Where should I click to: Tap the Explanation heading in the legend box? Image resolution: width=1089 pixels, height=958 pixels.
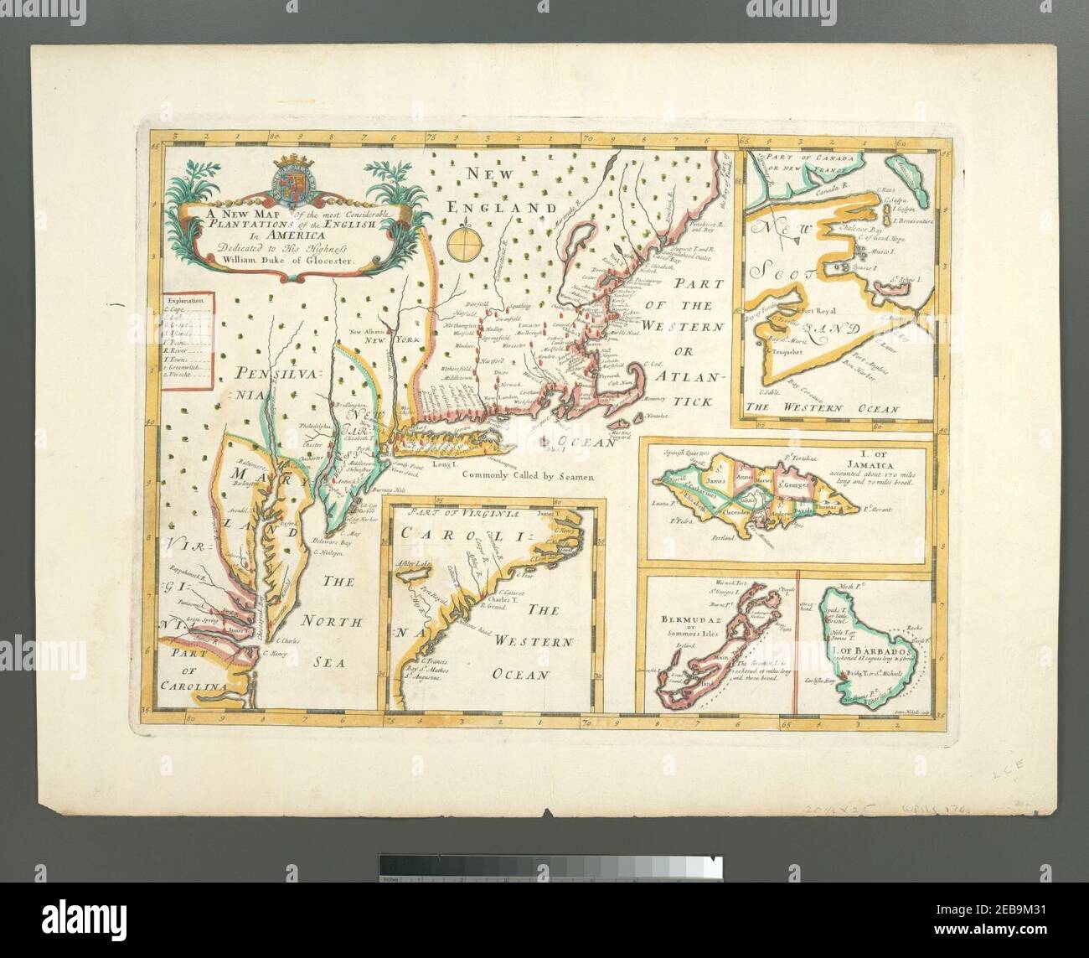click(x=187, y=299)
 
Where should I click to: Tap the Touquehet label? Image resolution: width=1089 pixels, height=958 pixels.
click(x=786, y=352)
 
